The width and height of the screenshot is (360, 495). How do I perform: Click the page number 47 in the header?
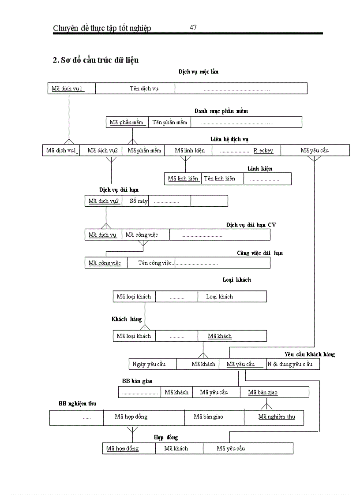[x=193, y=27]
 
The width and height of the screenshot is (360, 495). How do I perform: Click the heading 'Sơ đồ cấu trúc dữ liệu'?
[x=96, y=60]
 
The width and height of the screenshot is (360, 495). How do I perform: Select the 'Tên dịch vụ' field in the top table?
[x=144, y=89]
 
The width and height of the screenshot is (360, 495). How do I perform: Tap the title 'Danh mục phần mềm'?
[x=221, y=111]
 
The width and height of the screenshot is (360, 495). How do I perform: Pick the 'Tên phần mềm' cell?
[x=170, y=122]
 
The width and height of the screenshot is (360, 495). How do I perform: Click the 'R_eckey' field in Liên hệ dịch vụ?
[x=263, y=151]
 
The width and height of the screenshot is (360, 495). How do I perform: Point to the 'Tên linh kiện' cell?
[x=219, y=179]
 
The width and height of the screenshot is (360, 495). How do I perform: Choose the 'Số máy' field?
[x=139, y=201]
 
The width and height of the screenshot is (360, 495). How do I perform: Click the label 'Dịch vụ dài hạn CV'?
[x=251, y=225]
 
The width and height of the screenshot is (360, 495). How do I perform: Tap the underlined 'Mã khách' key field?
[x=220, y=336]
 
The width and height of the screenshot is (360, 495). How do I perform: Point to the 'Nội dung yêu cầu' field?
[x=290, y=364]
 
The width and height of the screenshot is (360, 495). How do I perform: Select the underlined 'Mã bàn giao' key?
[x=263, y=392]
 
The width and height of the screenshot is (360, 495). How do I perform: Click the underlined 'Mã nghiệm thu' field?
[x=277, y=417]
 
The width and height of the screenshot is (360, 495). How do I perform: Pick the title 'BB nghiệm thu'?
[x=78, y=404]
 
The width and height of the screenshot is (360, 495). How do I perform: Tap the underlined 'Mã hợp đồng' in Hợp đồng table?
[x=123, y=449]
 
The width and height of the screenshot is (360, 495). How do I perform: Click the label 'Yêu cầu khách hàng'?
[x=309, y=354]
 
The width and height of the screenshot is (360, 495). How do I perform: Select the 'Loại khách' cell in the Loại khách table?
[x=219, y=297]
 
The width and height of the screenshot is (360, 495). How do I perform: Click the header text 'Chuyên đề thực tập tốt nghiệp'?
[x=102, y=28]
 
